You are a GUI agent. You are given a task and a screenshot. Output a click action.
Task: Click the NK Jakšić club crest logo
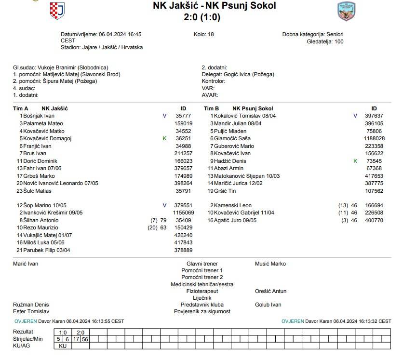(57, 11)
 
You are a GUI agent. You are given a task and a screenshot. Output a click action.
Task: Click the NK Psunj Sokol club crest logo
(346, 12)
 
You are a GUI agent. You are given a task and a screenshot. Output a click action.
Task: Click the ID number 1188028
(374, 138)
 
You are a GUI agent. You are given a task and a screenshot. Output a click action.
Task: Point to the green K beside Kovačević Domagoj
(164, 138)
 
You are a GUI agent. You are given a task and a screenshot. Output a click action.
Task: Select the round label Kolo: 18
(203, 35)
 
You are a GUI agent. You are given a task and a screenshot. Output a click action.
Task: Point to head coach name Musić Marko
(270, 264)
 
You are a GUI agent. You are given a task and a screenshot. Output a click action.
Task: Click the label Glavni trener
(202, 264)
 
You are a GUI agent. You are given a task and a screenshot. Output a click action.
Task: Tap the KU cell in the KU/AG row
(63, 346)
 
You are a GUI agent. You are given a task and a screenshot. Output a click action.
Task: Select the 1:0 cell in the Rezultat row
(63, 333)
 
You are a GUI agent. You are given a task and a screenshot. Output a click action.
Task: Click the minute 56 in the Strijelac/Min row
(85, 339)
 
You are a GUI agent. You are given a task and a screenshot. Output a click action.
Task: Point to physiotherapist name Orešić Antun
(270, 291)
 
